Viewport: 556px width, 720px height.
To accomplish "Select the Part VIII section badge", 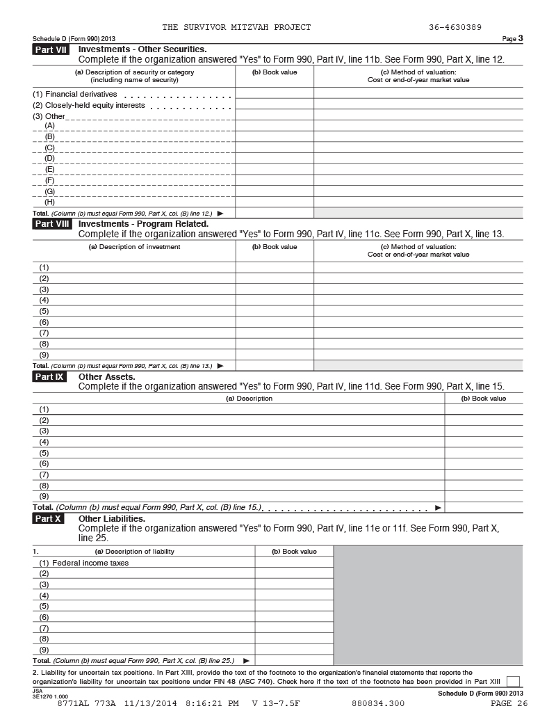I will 51,224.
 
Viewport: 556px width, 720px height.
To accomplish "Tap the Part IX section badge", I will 49,377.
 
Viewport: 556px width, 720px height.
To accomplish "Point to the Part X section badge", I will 48,519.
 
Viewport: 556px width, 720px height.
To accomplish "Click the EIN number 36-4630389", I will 455,27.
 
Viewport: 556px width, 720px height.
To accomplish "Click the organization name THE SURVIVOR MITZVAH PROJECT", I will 236,27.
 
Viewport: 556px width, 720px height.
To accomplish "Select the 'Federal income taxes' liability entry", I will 90,563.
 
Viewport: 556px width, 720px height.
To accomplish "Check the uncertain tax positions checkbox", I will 514,682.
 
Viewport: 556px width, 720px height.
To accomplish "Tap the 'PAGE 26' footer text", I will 509,703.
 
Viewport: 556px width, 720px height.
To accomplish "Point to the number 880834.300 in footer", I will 378,703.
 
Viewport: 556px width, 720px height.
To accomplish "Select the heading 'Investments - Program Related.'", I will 143,224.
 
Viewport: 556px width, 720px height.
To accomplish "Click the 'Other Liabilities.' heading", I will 112,519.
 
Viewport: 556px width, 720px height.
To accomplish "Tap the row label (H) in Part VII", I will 49,202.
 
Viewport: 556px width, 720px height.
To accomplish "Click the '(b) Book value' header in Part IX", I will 484,399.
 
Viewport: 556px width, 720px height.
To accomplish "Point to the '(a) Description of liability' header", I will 134,552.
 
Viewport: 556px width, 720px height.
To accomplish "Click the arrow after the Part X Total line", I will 246,660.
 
